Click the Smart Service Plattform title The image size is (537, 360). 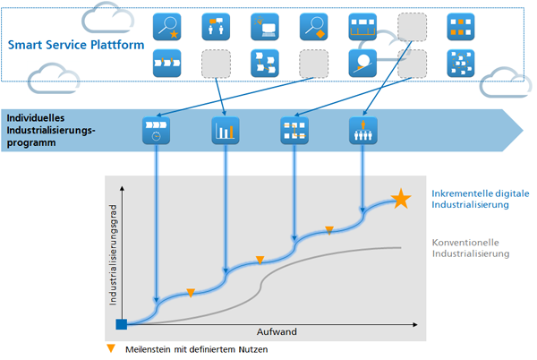[76, 45]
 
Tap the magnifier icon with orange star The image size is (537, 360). [166, 27]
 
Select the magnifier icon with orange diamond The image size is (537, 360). [314, 27]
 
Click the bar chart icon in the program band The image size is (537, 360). [226, 131]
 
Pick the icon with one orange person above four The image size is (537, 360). [363, 131]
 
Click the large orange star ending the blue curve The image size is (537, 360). [401, 199]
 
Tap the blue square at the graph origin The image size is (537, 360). [122, 324]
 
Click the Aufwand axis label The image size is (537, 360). [277, 331]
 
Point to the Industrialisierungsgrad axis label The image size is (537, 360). [113, 255]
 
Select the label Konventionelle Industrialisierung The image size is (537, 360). [471, 248]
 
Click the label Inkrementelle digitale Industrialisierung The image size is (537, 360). [480, 199]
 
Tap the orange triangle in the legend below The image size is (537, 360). [111, 348]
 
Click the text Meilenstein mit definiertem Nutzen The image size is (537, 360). [197, 349]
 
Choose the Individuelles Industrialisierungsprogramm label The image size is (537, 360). [51, 130]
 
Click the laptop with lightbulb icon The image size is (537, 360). [265, 27]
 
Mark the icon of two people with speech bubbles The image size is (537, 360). [216, 27]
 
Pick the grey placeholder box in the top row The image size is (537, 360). [412, 27]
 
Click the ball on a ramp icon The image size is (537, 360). [362, 64]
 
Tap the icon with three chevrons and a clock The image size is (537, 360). [156, 131]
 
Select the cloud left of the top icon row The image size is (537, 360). [108, 18]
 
